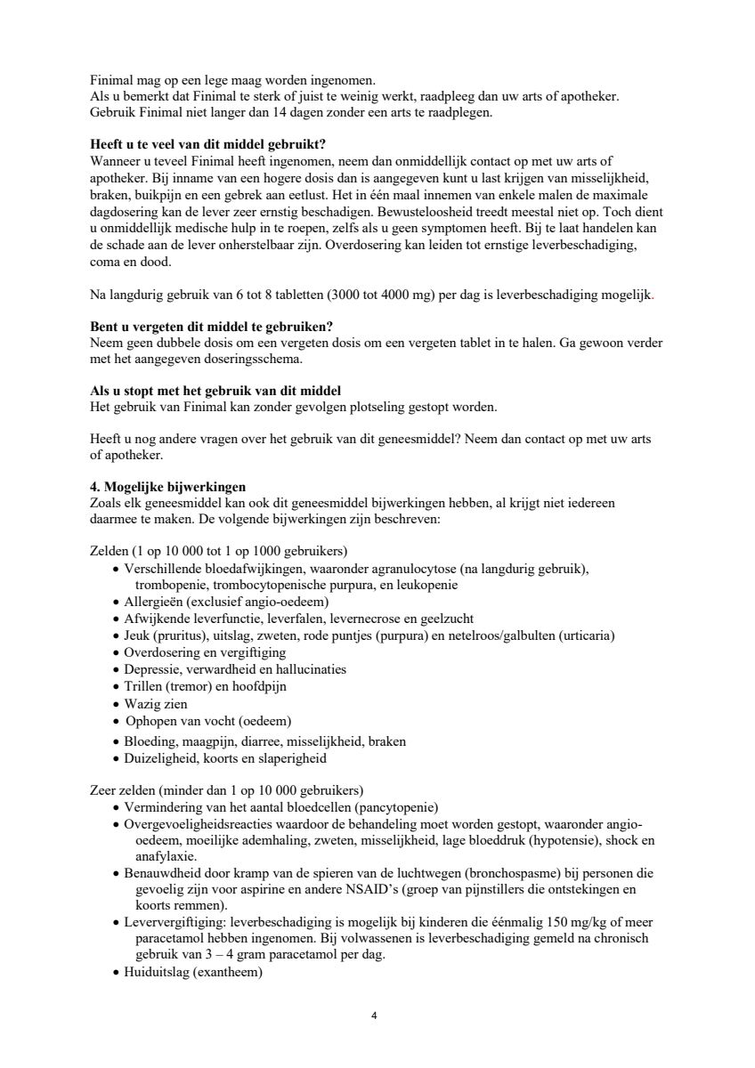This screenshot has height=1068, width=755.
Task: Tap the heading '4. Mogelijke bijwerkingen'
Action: (168, 487)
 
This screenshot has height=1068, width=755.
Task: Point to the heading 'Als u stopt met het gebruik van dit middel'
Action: (215, 392)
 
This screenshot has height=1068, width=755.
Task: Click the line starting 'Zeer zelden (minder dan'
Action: (227, 790)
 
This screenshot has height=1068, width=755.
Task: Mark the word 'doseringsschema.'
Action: (254, 360)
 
